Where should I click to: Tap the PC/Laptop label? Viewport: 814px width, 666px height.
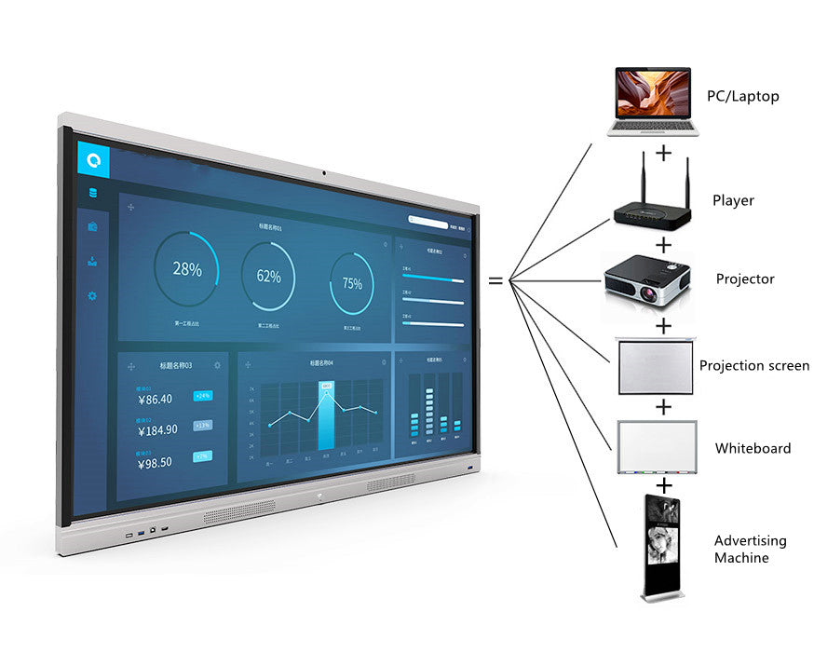tap(742, 96)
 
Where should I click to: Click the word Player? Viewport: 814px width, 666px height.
tap(733, 200)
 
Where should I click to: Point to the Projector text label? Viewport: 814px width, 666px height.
tap(744, 279)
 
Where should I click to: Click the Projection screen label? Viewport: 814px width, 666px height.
tap(753, 366)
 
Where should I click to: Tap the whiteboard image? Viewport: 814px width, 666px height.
tap(657, 448)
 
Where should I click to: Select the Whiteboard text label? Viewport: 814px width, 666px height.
tap(753, 448)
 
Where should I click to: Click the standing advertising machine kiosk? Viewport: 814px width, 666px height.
tap(662, 548)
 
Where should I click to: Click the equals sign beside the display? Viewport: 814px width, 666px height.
tap(495, 279)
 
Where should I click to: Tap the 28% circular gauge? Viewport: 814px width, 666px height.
tap(186, 269)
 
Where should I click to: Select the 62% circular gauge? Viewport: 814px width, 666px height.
tap(268, 276)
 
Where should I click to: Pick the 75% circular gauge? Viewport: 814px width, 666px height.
tap(352, 283)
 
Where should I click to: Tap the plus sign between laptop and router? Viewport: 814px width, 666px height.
tap(663, 152)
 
